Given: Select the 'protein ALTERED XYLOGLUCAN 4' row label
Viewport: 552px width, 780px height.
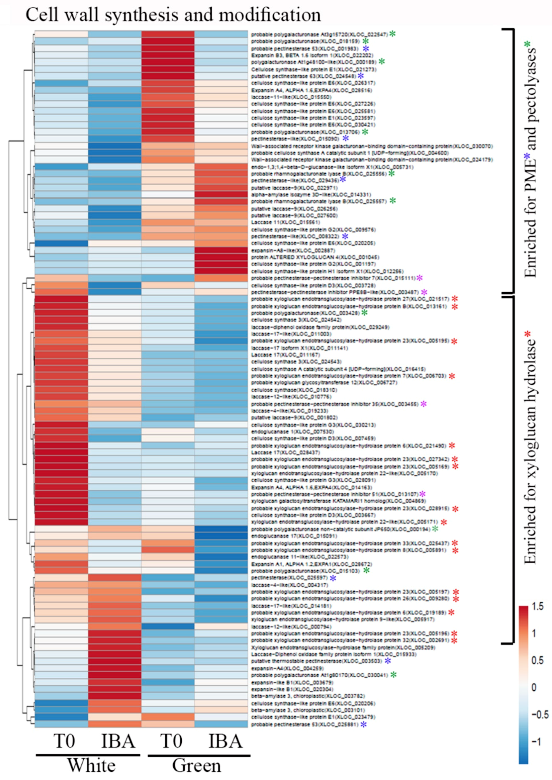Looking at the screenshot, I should click(315, 257).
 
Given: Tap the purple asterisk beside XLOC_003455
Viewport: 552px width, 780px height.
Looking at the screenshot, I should click(424, 404).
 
